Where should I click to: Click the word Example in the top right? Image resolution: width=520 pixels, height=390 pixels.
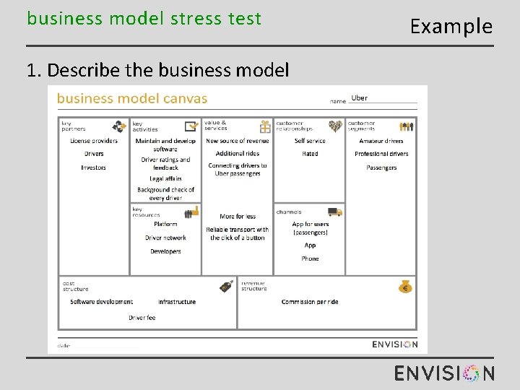pos(451,27)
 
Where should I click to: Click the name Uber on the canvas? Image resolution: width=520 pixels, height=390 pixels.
pos(359,98)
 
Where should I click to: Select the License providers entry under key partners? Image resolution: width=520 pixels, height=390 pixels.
pos(94,141)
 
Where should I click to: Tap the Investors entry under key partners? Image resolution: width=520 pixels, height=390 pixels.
pos(93,168)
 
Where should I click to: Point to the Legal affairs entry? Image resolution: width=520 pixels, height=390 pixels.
pos(165,178)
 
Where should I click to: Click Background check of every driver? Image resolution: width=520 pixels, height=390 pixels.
pos(165,194)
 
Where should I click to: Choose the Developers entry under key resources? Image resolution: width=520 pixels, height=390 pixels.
pos(165,251)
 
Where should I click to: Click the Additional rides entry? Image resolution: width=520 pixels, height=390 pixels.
pos(237,154)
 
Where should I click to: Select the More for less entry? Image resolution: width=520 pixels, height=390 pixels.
pos(238,217)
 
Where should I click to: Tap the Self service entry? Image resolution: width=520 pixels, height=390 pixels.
pos(310,141)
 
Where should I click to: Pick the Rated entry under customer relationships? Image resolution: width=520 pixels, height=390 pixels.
pos(310,154)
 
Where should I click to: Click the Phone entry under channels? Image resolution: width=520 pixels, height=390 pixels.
pos(310,259)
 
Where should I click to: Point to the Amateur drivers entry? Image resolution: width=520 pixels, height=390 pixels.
pos(381,141)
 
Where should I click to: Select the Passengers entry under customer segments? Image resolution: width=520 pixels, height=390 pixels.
pos(381,168)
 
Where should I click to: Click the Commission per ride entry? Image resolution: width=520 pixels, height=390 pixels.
pos(310,302)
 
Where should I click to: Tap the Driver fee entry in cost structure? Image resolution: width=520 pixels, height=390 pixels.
pos(142,318)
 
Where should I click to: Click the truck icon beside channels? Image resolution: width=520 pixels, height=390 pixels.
pos(334,212)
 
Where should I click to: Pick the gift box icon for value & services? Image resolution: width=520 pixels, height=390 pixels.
pos(265,126)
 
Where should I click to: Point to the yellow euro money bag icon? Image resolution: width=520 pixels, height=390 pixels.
pos(405,286)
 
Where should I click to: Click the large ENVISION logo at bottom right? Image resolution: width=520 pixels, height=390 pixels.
pos(444,373)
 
